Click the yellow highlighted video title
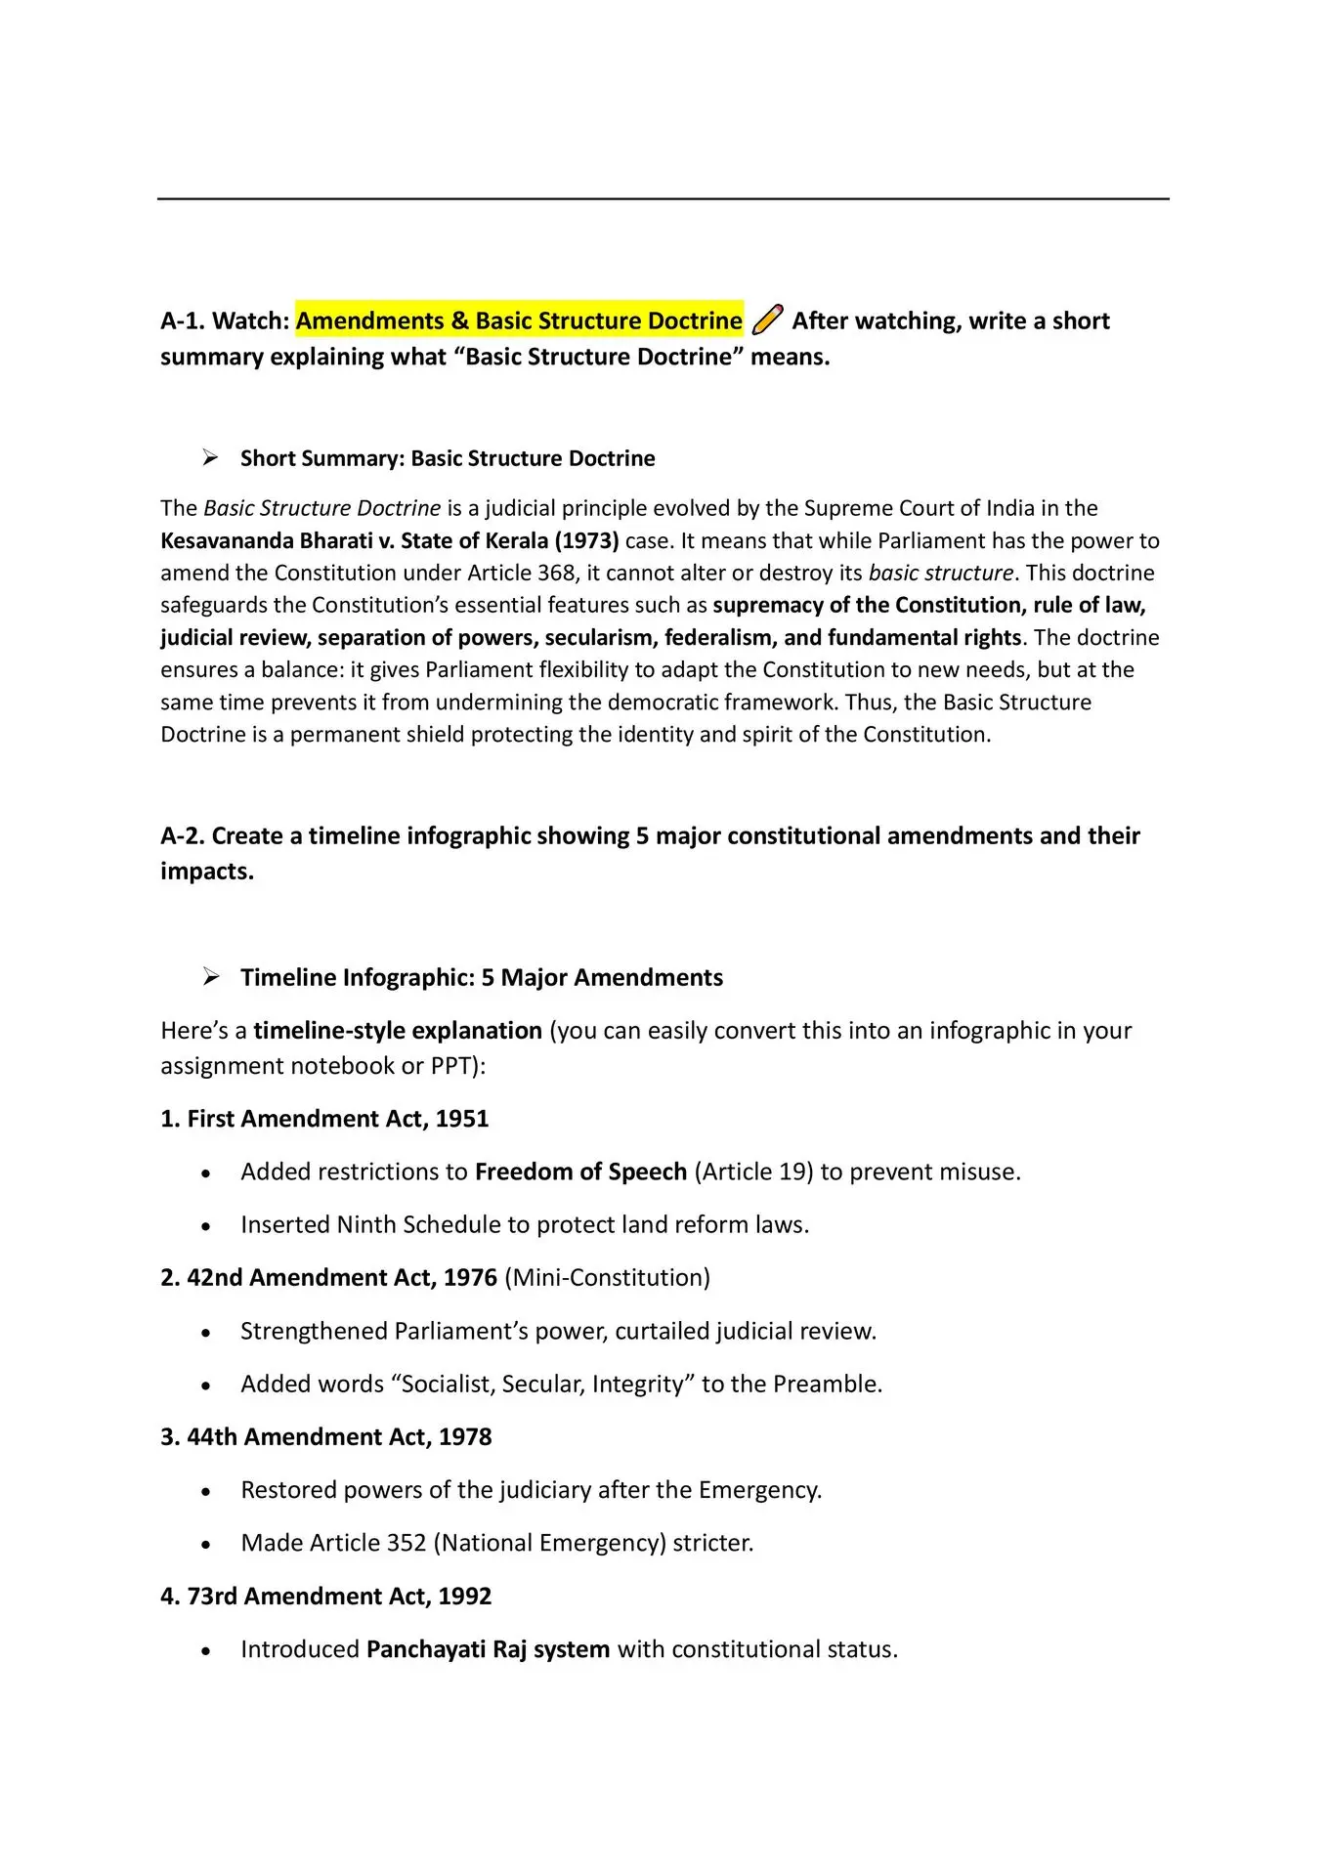click(519, 320)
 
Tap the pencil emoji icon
click(768, 320)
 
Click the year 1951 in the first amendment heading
click(462, 1119)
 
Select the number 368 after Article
click(556, 573)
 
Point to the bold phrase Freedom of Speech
click(580, 1172)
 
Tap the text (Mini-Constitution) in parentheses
click(607, 1278)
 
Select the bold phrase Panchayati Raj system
click(488, 1649)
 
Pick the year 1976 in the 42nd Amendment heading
click(470, 1278)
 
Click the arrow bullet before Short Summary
click(210, 457)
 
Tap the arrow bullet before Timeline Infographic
click(210, 976)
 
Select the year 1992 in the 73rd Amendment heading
click(465, 1597)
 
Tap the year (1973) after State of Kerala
click(586, 540)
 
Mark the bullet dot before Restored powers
click(205, 1492)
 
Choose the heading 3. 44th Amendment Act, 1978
click(325, 1437)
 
